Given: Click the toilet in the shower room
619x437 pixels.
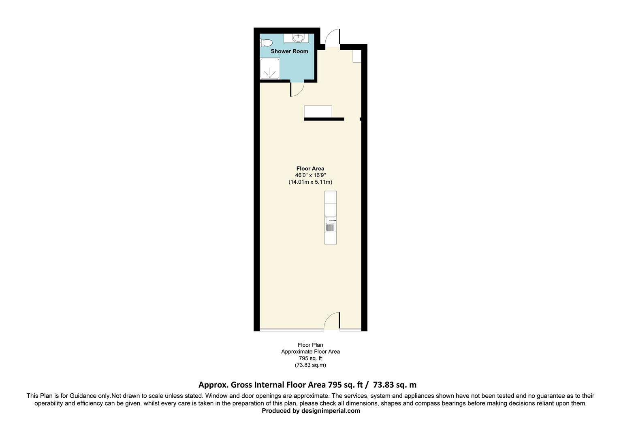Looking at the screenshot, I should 266,42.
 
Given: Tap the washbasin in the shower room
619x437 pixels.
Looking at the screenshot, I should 298,38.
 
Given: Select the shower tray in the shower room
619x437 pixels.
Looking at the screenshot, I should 269,69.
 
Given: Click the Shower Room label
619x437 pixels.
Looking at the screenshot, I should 289,51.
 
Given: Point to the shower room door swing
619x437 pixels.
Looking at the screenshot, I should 297,89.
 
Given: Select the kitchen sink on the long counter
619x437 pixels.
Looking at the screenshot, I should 330,225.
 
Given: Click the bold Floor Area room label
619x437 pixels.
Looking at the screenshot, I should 310,169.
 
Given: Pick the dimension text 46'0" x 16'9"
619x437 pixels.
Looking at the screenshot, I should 310,175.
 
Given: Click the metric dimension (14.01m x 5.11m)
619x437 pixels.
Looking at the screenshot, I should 310,182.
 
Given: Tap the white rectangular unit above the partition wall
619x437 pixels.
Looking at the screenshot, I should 318,111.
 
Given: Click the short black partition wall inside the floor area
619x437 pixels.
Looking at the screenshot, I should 324,119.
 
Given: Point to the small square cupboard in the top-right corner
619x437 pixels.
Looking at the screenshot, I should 356,56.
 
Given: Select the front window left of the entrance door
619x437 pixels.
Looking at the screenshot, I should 292,329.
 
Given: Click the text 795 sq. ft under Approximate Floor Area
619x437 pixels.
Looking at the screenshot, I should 310,358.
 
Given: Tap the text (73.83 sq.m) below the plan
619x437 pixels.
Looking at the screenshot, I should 310,365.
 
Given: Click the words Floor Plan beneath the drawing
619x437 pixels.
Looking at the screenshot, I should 310,345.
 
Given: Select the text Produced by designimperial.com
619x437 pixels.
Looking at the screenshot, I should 311,411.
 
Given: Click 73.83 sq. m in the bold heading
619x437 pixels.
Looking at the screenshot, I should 395,385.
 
